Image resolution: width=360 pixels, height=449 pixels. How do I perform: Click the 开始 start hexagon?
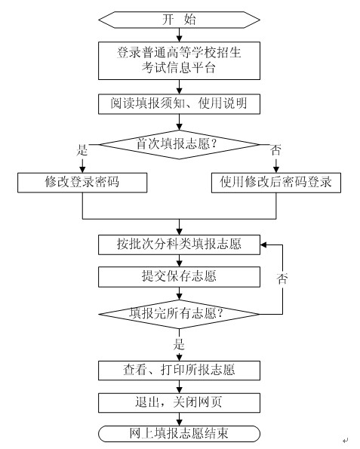pyautogui.click(x=179, y=20)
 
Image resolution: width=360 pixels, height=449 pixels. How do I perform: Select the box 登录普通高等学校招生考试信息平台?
pyautogui.click(x=179, y=60)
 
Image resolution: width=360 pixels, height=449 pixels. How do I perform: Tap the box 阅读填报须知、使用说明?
pyautogui.click(x=179, y=104)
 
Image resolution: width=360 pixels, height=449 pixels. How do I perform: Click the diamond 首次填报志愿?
pyautogui.click(x=179, y=144)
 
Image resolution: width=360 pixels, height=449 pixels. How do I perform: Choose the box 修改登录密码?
pyautogui.click(x=82, y=183)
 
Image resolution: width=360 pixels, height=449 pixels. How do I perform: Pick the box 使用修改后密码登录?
pyautogui.click(x=276, y=183)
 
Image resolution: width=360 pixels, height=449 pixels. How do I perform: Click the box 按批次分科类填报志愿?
pyautogui.click(x=179, y=244)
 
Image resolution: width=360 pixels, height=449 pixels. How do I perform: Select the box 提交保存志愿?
pyautogui.click(x=179, y=277)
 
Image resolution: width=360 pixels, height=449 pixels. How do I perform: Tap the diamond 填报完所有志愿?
pyautogui.click(x=179, y=314)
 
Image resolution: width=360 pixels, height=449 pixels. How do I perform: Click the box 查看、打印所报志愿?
pyautogui.click(x=179, y=371)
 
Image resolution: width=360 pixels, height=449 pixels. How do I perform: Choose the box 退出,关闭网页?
pyautogui.click(x=179, y=403)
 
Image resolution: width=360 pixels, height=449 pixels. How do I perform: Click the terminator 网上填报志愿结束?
pyautogui.click(x=179, y=434)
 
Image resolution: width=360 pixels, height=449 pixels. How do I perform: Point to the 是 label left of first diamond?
pyautogui.click(x=82, y=150)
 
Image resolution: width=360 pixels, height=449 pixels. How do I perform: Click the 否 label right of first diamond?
pyautogui.click(x=275, y=150)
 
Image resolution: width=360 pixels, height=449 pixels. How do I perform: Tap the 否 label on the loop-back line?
pyautogui.click(x=282, y=278)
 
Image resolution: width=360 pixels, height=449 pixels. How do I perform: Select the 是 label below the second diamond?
pyautogui.click(x=179, y=344)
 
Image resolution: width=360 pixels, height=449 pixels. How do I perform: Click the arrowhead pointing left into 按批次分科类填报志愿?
pyautogui.click(x=263, y=244)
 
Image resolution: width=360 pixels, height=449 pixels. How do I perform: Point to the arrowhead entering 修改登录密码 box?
pyautogui.click(x=82, y=170)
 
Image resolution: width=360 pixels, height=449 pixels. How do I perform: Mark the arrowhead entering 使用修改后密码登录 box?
pyautogui.click(x=276, y=170)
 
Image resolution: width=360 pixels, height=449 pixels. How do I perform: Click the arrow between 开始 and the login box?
pyautogui.click(x=179, y=35)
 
